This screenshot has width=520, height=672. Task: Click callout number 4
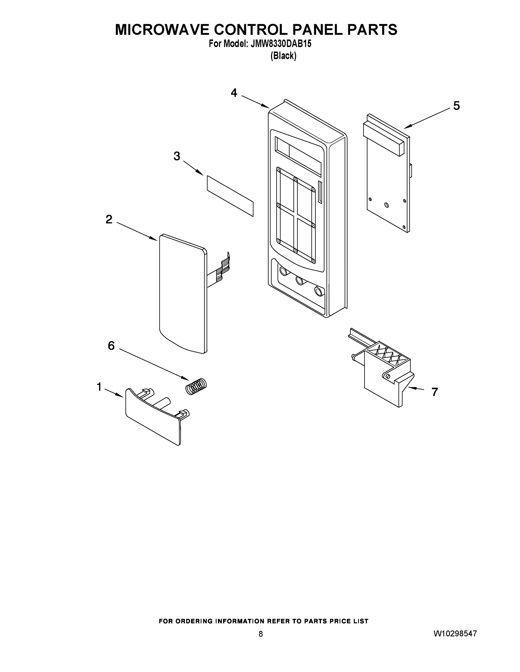(x=234, y=93)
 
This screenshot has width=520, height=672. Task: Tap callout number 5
(x=456, y=106)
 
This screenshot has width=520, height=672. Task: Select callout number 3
(x=177, y=156)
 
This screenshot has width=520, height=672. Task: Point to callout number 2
(x=109, y=220)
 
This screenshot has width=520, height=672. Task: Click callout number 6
(x=111, y=346)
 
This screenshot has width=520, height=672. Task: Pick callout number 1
(x=99, y=387)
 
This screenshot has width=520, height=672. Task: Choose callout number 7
(x=434, y=392)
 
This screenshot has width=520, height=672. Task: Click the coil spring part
(x=196, y=386)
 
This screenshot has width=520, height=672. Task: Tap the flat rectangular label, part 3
(x=230, y=196)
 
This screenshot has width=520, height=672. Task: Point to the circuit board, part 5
(x=387, y=185)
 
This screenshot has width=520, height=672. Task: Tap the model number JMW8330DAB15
(x=281, y=44)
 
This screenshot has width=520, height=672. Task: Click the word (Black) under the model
(x=283, y=56)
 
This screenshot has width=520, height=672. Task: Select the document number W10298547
(x=455, y=634)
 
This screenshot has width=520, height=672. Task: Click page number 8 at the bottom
(x=261, y=634)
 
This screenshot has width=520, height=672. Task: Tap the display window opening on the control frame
(x=298, y=157)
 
